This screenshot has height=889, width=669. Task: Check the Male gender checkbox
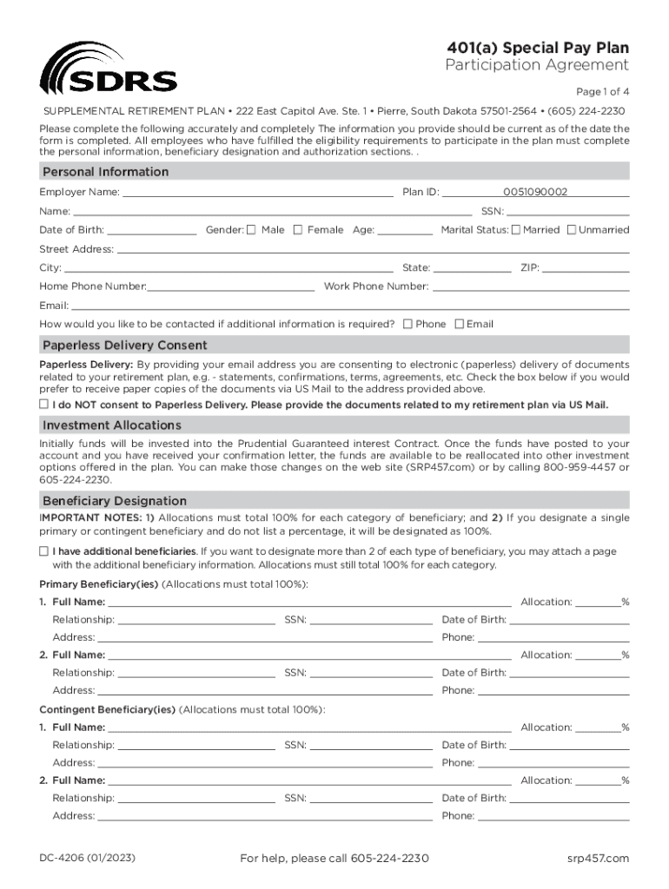251,230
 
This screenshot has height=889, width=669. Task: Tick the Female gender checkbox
298,230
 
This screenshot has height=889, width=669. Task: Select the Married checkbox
516,230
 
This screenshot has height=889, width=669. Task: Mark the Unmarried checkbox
572,230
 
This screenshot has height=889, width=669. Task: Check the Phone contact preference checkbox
407,324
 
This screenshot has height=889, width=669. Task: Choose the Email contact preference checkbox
459,324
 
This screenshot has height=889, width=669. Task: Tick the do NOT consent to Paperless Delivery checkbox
43,405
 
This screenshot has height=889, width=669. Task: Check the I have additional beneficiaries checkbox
43,551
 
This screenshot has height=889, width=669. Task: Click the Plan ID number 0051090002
534,192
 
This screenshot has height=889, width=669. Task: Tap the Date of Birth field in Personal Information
152,230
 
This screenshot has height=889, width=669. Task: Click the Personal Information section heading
106,172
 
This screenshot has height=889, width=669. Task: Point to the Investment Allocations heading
112,425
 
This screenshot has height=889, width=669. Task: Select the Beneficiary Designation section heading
114,501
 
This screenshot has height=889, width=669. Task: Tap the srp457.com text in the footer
596,859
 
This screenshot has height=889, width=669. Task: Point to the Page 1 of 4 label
602,92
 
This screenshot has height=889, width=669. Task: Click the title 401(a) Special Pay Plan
538,48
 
